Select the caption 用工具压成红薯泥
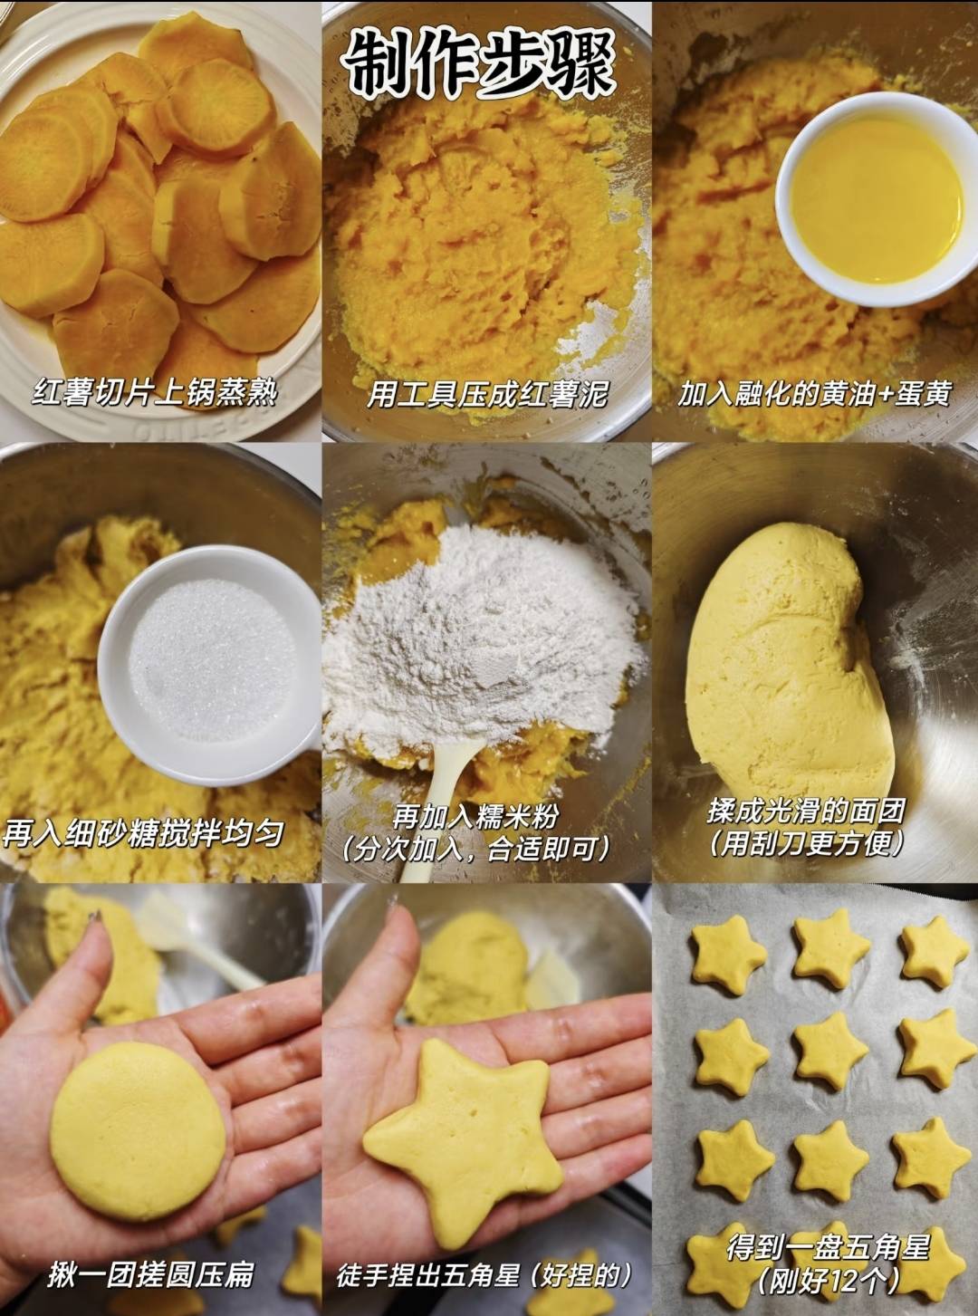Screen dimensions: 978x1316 [486, 394]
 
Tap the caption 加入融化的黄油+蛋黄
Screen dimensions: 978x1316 [815, 394]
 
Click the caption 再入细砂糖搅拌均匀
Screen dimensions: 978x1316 [142, 834]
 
